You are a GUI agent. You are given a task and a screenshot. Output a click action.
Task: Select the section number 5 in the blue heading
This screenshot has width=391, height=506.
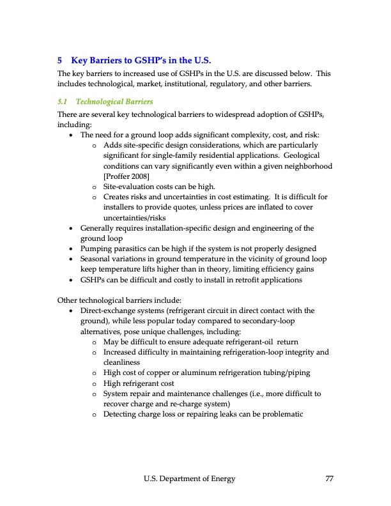pyautogui.click(x=60, y=61)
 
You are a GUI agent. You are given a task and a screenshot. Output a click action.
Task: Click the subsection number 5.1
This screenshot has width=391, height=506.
pyautogui.click(x=63, y=101)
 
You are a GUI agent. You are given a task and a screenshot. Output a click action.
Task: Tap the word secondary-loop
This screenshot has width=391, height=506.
pyautogui.click(x=287, y=321)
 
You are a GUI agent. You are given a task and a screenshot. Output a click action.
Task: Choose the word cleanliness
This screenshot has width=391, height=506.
pyautogui.click(x=123, y=362)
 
